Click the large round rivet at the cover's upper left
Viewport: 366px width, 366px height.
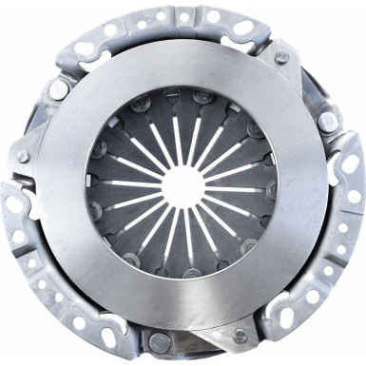pos(59,89)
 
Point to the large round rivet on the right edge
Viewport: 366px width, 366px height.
pos(328,122)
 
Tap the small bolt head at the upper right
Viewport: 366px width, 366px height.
pos(281,58)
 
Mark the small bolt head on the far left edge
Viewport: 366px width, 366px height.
pos(22,157)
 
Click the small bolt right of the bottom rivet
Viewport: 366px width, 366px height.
pos(239,336)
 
